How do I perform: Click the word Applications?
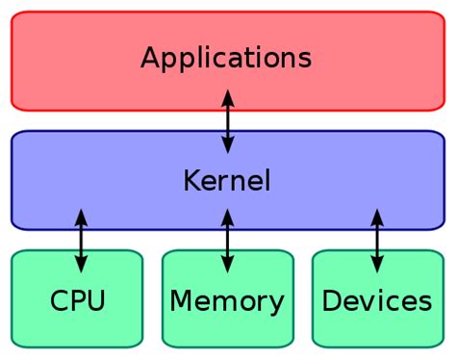pos(226,58)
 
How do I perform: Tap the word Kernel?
pos(226,180)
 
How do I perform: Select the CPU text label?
pos(77,300)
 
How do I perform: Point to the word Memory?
pos(227,300)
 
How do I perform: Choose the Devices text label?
pos(376,300)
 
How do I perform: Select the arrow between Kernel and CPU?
pos(81,241)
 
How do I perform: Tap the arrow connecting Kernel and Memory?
pos(227,241)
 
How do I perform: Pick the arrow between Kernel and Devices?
pos(376,241)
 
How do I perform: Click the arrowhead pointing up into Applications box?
pos(227,97)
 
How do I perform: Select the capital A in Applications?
pos(149,58)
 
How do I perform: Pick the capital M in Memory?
pos(180,300)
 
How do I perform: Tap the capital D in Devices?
pos(331,300)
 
